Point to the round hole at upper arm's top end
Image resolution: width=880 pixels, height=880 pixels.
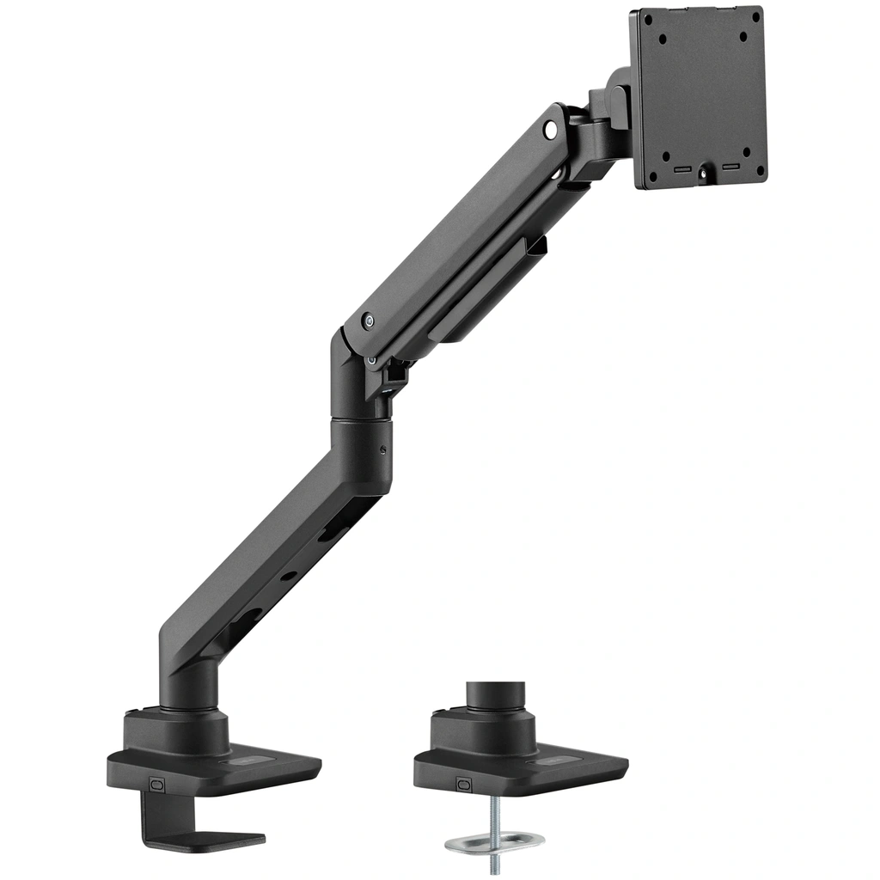pos(551,131)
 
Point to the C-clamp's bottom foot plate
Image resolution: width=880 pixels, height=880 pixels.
pos(207,840)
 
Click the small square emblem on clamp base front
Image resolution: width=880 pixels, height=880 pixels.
pos(156,784)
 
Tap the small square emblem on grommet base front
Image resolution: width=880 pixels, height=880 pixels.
pos(464,784)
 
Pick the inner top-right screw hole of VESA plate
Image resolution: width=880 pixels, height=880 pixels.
pos(743,37)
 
